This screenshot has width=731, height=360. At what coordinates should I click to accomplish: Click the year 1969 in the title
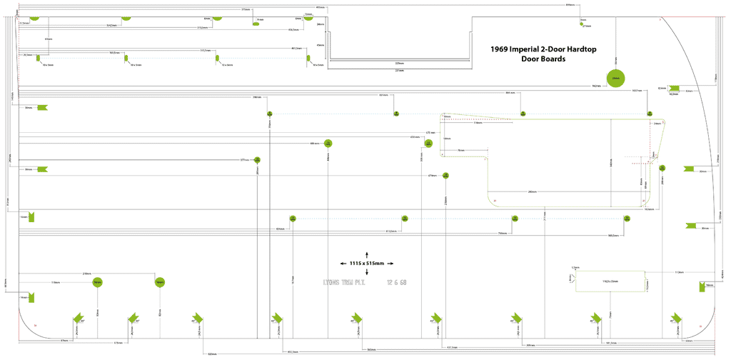click(x=501, y=50)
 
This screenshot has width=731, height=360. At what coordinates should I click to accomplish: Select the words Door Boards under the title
click(x=543, y=59)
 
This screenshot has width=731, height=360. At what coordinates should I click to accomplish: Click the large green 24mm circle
click(x=615, y=78)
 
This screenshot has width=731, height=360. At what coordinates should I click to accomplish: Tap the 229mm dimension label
click(x=400, y=64)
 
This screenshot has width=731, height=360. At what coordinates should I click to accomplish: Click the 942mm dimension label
click(x=596, y=86)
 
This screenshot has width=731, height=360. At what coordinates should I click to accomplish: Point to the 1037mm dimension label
click(x=637, y=91)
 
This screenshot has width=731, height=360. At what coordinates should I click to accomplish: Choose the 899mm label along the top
click(x=570, y=6)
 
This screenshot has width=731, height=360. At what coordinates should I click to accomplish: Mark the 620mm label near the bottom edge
click(x=212, y=354)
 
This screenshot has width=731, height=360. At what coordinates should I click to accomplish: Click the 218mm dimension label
click(x=86, y=274)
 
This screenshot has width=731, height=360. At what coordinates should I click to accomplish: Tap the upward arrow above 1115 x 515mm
click(x=367, y=254)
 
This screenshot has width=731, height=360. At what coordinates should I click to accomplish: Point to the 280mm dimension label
click(x=532, y=191)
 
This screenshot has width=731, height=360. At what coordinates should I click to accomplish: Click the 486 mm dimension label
click(x=314, y=144)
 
